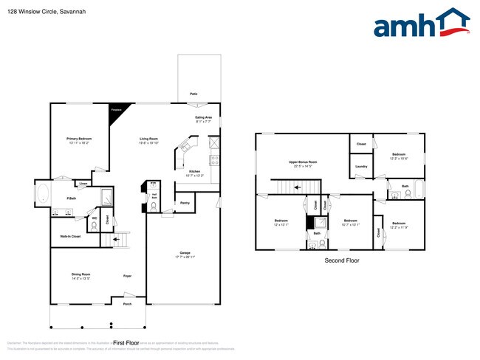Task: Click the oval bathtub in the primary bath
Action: click(x=43, y=195)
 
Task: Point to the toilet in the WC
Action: click(x=94, y=225)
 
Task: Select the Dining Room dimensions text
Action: click(x=80, y=279)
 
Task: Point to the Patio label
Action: click(x=193, y=94)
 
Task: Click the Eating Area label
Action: click(x=204, y=117)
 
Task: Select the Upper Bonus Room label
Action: click(x=303, y=162)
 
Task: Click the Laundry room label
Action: click(x=361, y=167)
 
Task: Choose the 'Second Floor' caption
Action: click(x=342, y=261)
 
